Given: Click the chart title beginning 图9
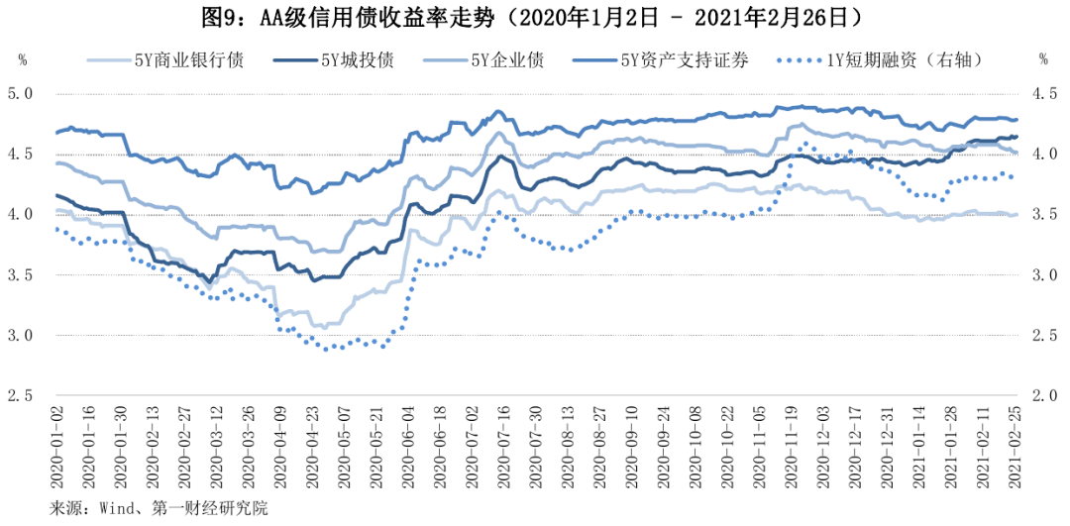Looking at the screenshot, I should click(535, 17).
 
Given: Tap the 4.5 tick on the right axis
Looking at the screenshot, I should click(1044, 94).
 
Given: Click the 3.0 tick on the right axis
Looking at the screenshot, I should click(1044, 275).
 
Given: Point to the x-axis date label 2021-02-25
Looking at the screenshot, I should click(1014, 451).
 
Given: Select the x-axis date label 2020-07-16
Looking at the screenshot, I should click(502, 451).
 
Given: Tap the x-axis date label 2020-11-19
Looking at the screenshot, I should click(790, 451).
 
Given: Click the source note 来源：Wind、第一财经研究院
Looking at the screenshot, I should click(159, 509).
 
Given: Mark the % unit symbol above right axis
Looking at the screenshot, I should click(1043, 59).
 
